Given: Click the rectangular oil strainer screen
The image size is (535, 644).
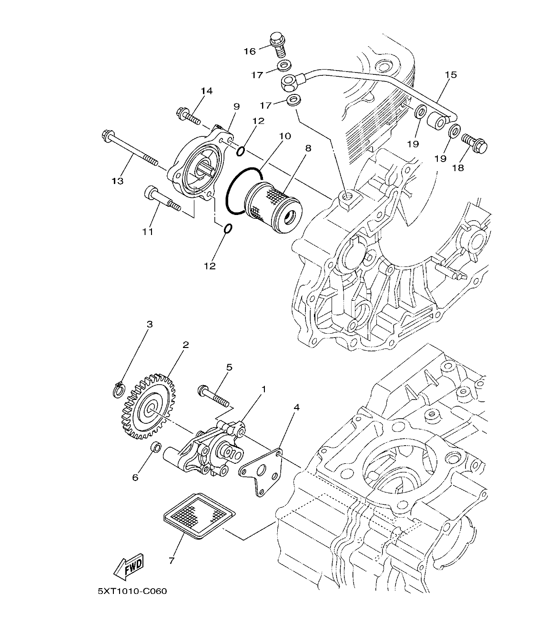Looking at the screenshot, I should click(x=199, y=516).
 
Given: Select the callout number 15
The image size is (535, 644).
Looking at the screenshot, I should click(x=451, y=74).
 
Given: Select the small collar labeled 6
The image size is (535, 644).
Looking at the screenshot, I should click(x=155, y=448).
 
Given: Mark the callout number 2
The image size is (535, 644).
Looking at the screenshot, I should click(x=185, y=345).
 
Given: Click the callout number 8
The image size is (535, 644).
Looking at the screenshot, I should click(x=308, y=148).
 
